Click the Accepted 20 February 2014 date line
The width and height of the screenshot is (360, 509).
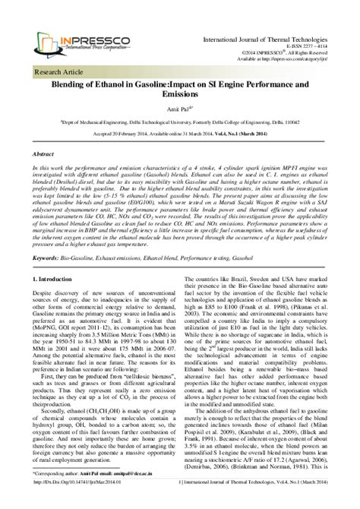(x=180, y=133)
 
